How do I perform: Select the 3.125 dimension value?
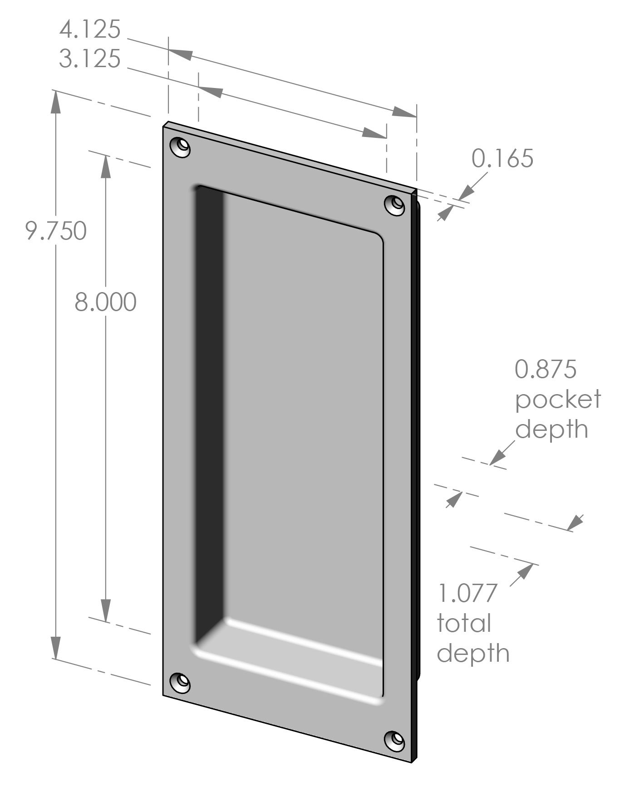[90, 59]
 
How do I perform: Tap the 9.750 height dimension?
[56, 231]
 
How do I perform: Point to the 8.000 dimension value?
[105, 302]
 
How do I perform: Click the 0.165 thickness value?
[502, 158]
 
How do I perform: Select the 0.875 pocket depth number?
[545, 369]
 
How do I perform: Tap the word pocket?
[558, 400]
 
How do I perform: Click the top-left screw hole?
[180, 147]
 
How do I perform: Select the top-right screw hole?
[395, 205]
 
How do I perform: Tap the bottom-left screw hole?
[180, 683]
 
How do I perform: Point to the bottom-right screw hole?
[395, 740]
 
